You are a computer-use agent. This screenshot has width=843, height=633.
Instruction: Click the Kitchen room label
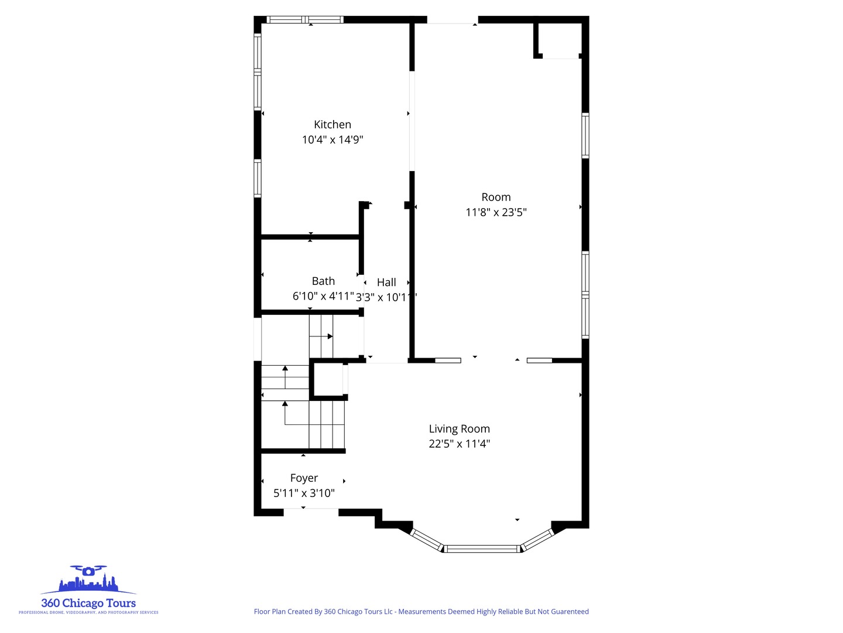333,124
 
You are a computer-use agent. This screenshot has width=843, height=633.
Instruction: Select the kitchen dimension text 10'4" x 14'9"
333,139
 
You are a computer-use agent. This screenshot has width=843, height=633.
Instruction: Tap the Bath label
323,281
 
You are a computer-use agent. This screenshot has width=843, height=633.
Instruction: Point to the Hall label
386,283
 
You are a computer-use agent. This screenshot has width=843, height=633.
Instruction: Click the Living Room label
459,429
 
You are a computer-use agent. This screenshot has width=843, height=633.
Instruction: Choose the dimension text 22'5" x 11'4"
459,444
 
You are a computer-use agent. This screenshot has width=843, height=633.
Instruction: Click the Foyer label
304,478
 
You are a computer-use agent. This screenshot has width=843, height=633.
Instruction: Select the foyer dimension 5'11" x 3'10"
304,493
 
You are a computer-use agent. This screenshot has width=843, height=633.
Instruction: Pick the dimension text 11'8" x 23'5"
496,212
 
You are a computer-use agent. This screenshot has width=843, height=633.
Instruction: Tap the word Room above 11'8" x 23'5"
496,198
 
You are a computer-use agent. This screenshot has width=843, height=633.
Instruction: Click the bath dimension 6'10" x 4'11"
323,296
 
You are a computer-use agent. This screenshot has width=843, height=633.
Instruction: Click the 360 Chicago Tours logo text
88,603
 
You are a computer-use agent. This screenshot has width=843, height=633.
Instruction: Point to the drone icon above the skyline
88,570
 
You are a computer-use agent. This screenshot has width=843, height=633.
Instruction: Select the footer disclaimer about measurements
421,611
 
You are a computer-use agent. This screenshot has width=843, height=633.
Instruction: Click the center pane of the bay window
482,549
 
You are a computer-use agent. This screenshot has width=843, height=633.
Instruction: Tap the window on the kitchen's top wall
304,19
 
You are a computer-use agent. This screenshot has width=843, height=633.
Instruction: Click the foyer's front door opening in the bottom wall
311,512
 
